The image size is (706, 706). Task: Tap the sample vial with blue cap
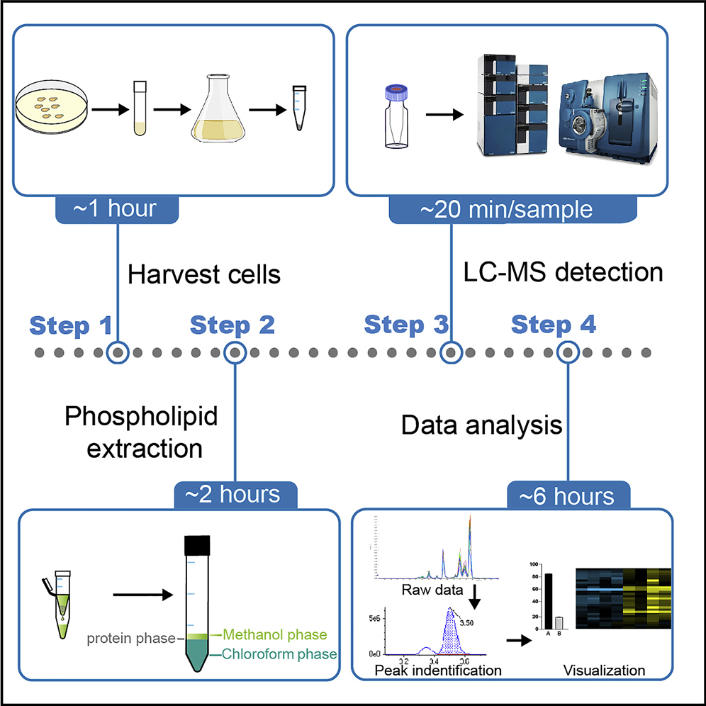tap(393, 116)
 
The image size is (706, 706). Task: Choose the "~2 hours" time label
tap(236, 493)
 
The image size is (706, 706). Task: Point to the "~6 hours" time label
tap(567, 495)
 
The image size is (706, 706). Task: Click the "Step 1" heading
tap(72, 325)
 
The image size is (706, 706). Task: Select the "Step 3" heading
tap(406, 325)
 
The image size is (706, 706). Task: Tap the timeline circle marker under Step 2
tap(235, 352)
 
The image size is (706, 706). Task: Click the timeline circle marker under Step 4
tap(567, 352)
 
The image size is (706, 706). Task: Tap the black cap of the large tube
tap(195, 543)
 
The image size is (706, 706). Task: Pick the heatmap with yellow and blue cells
tap(624, 598)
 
